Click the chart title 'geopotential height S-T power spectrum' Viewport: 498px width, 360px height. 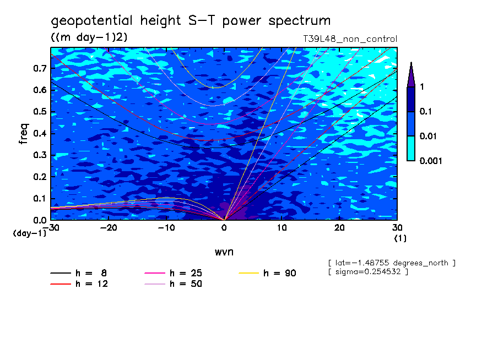coord(191,21)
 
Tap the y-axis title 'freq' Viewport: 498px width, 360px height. coord(24,134)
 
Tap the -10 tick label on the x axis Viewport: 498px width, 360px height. coord(166,228)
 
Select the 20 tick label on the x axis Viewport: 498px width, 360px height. coord(339,228)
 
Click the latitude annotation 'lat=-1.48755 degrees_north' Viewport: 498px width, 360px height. coord(392,263)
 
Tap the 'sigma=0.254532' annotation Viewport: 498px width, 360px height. coord(367,271)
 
